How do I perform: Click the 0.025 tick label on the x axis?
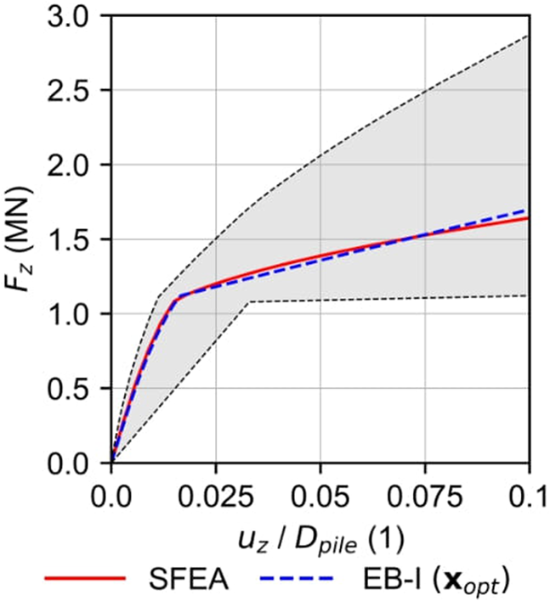[x=215, y=492]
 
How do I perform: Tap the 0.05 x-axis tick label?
[x=320, y=492]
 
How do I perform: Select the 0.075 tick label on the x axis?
[x=423, y=492]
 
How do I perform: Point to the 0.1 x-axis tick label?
[x=529, y=492]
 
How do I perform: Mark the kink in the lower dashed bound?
[x=248, y=301]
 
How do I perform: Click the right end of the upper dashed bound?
[x=529, y=37]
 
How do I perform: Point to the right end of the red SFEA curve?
[x=529, y=217]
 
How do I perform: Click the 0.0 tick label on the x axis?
[x=111, y=492]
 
